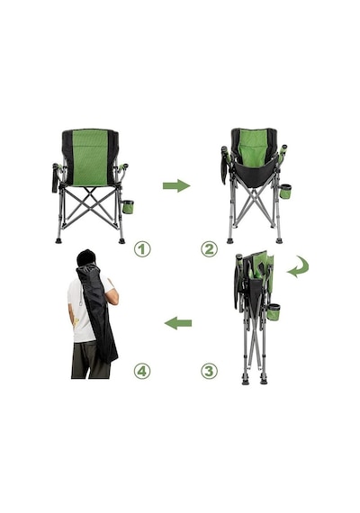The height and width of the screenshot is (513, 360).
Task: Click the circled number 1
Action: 142,249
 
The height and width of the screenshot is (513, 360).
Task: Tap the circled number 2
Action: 209,249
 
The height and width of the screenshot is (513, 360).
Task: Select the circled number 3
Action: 209,371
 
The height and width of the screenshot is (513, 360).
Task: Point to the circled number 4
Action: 142,371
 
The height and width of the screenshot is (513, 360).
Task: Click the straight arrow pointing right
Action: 176,185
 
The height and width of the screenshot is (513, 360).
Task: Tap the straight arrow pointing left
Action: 177,323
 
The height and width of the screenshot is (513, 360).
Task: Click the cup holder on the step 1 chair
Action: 128,207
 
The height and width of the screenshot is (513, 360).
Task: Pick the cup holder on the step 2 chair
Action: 285,192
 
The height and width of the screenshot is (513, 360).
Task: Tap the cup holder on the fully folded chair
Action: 274,312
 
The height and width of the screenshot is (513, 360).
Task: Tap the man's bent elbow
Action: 115,301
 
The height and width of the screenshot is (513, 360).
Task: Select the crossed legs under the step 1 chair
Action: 91,207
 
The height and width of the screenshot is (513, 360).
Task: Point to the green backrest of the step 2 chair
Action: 254,146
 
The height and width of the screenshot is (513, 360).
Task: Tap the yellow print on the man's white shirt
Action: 76,322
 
